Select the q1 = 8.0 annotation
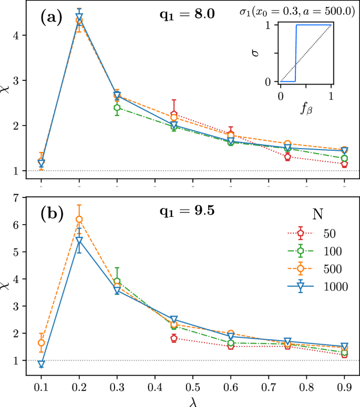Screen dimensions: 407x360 tap(187, 15)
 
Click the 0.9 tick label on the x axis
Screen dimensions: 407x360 tap(344, 386)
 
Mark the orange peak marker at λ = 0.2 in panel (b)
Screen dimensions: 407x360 tap(79, 220)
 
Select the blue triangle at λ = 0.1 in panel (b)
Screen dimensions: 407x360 tap(41, 364)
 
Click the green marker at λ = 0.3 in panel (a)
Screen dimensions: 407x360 tap(117, 108)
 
